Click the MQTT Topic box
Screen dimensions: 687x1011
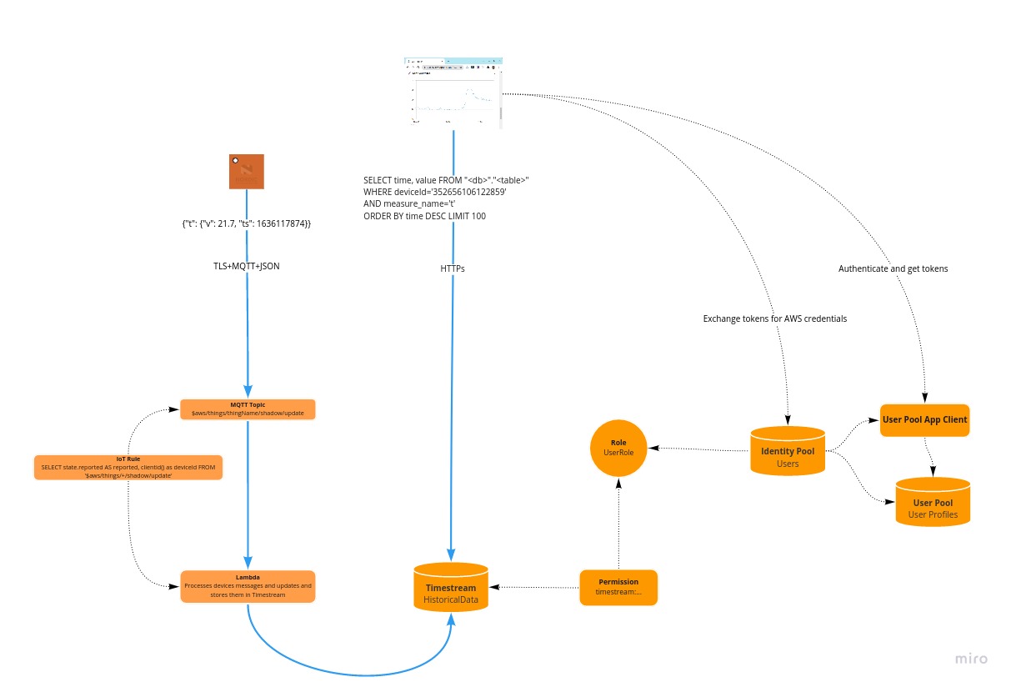click(248, 409)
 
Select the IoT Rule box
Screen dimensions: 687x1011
click(128, 468)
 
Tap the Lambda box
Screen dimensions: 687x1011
click(248, 585)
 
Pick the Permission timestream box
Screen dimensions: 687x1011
click(618, 587)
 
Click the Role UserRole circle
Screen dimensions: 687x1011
click(618, 448)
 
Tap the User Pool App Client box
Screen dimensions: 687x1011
click(924, 419)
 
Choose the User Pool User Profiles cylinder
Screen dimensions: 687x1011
click(933, 503)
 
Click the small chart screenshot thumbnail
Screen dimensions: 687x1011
click(453, 93)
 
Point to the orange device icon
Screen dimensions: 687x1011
click(247, 171)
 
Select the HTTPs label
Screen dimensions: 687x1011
click(453, 268)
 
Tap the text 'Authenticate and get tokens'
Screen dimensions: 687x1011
click(893, 268)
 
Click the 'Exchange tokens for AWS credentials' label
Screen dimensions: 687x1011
click(775, 318)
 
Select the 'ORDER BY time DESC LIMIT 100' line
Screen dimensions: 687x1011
click(424, 216)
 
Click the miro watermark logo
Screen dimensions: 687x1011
click(971, 659)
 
